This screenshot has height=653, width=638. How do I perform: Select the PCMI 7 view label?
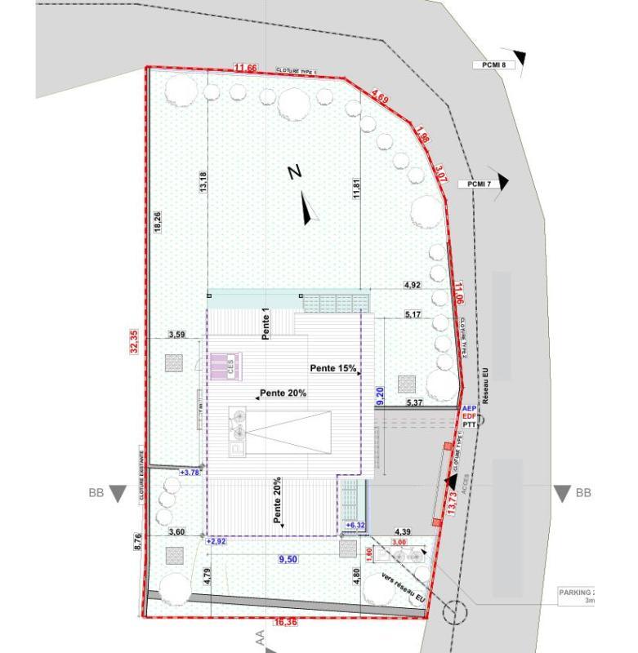479,184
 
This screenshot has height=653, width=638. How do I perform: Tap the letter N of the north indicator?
295,172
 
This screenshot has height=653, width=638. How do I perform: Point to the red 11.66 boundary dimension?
245,68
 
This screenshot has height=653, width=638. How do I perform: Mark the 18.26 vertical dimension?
158,223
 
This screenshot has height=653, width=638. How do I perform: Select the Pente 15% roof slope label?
333,368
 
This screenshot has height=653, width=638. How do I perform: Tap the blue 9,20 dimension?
380,397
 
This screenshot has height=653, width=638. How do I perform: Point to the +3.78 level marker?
189,472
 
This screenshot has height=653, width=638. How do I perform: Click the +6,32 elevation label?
355,525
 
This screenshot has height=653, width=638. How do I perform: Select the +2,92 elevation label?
216,541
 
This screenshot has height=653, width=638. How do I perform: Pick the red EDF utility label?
469,416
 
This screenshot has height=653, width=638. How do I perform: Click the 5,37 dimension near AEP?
414,402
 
